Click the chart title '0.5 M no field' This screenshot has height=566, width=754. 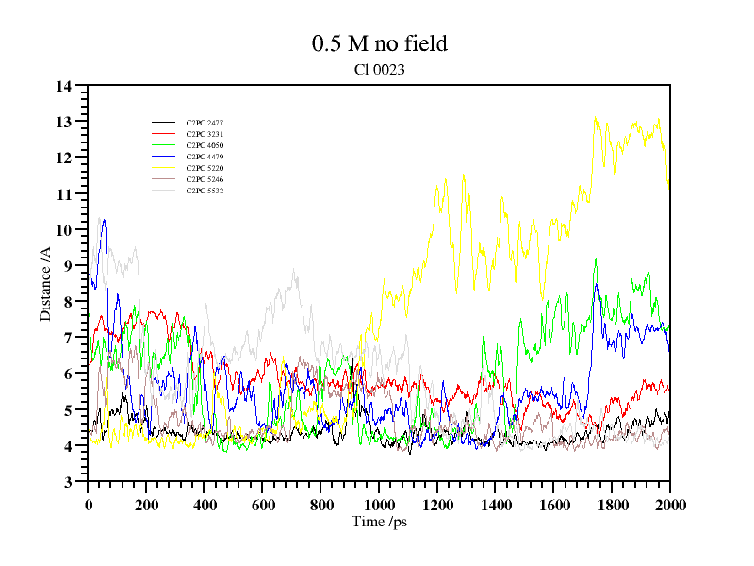(379, 43)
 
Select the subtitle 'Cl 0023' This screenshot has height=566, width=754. (379, 69)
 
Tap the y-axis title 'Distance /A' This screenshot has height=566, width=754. (45, 284)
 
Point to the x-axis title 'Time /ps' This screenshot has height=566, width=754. (379, 521)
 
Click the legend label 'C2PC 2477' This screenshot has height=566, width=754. (205, 123)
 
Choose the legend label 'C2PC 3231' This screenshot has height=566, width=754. (205, 134)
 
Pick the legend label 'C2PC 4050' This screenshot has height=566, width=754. (205, 145)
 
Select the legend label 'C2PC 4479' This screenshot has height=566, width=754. (205, 157)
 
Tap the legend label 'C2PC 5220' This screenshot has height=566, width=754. (205, 168)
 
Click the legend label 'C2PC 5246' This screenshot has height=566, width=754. (205, 179)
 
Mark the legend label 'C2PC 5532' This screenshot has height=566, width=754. (205, 191)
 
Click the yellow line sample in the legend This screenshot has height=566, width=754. (164, 168)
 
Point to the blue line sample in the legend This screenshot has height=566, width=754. (164, 157)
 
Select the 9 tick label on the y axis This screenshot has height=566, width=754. (68, 266)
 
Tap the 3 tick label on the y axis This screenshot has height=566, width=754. (68, 482)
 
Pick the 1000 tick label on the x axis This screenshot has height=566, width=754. (379, 505)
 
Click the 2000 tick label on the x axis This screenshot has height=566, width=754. (669, 505)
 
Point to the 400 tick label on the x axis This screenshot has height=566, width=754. (205, 505)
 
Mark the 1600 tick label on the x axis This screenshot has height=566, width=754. (553, 505)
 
